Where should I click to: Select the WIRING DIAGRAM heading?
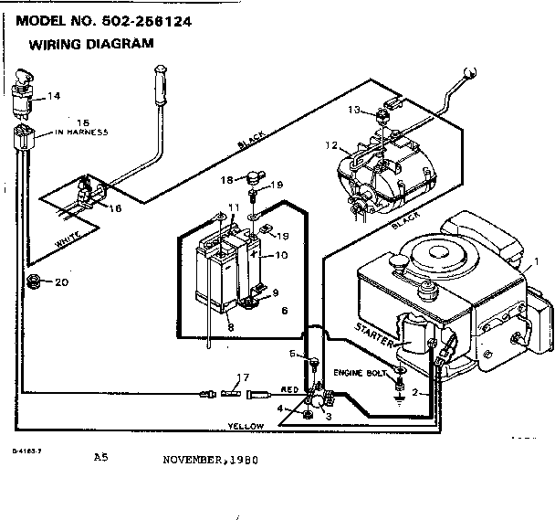pyautogui.click(x=89, y=43)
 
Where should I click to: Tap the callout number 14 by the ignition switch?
pyautogui.click(x=54, y=95)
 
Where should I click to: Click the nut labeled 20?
pyautogui.click(x=33, y=281)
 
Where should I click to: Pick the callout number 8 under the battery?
pyautogui.click(x=231, y=326)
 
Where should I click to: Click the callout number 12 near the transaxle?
pyautogui.click(x=330, y=144)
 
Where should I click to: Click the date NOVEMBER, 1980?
pyautogui.click(x=207, y=460)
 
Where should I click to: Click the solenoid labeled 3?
pyautogui.click(x=317, y=400)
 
